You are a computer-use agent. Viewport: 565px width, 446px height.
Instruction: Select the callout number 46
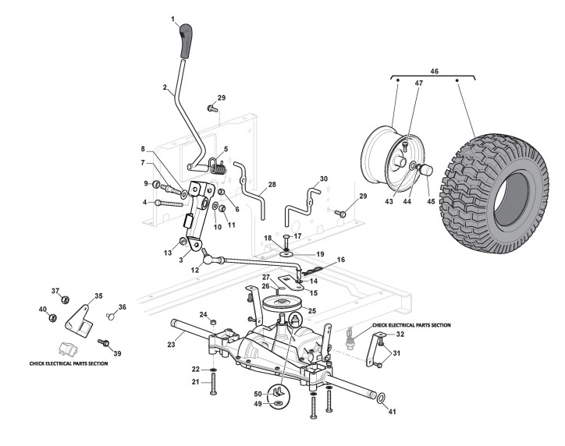coord(435,71)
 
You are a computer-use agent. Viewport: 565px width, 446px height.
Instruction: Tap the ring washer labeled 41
coord(380,399)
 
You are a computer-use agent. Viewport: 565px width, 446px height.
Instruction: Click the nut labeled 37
coord(66,300)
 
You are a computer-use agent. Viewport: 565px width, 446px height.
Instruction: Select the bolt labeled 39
coord(101,342)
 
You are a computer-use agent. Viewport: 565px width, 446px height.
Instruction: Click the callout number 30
coord(324,179)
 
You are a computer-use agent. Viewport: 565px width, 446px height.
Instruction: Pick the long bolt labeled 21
coord(213,385)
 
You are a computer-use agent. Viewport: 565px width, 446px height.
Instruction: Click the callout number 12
coord(194,269)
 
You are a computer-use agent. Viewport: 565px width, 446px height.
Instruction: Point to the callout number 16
coord(340,260)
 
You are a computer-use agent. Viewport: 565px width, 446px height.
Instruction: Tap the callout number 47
coord(418,82)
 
